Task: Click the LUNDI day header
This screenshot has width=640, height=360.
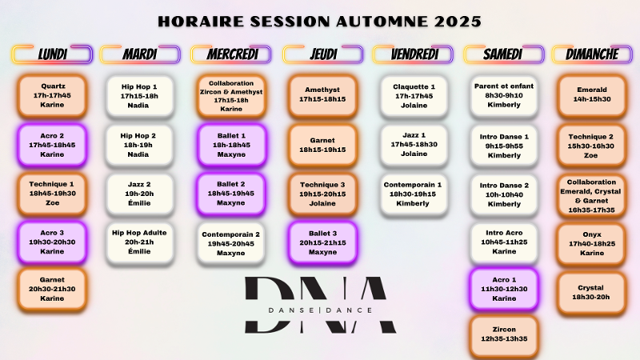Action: click(x=52, y=54)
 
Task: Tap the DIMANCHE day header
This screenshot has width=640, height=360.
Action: click(x=592, y=54)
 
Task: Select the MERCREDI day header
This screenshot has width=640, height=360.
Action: click(x=231, y=54)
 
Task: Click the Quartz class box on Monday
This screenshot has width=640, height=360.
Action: click(x=52, y=96)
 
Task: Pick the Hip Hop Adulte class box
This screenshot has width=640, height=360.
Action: click(x=139, y=242)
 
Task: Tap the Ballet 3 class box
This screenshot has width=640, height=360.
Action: click(x=322, y=242)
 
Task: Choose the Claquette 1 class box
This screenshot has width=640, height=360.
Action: click(x=414, y=96)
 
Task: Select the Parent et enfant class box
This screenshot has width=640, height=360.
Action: click(x=504, y=96)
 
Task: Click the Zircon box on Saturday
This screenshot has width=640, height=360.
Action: click(x=504, y=334)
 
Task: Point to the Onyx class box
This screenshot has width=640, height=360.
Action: click(x=592, y=244)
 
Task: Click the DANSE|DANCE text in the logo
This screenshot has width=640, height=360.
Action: click(x=321, y=310)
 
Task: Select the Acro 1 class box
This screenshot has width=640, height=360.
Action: click(x=504, y=289)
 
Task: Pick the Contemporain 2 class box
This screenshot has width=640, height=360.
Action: click(x=230, y=244)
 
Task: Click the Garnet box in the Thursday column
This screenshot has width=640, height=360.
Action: click(x=322, y=145)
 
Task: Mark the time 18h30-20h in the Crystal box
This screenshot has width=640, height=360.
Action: click(x=590, y=297)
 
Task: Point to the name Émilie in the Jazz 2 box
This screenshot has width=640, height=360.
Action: click(x=139, y=203)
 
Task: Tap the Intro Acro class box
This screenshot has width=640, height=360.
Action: click(x=504, y=242)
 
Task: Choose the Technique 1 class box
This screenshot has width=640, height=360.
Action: click(x=52, y=194)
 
